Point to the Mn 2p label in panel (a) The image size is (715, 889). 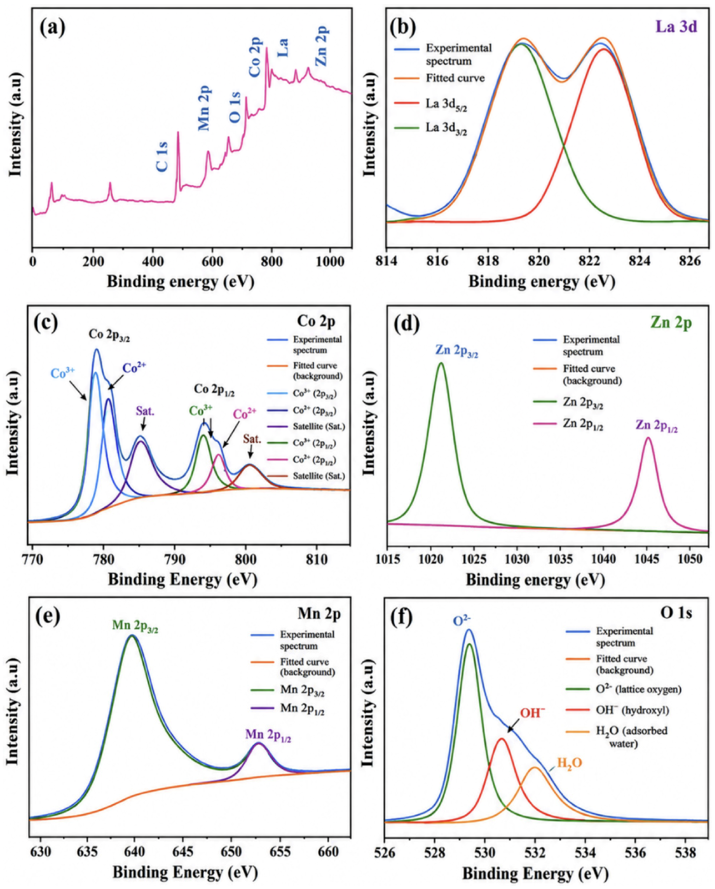205,108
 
